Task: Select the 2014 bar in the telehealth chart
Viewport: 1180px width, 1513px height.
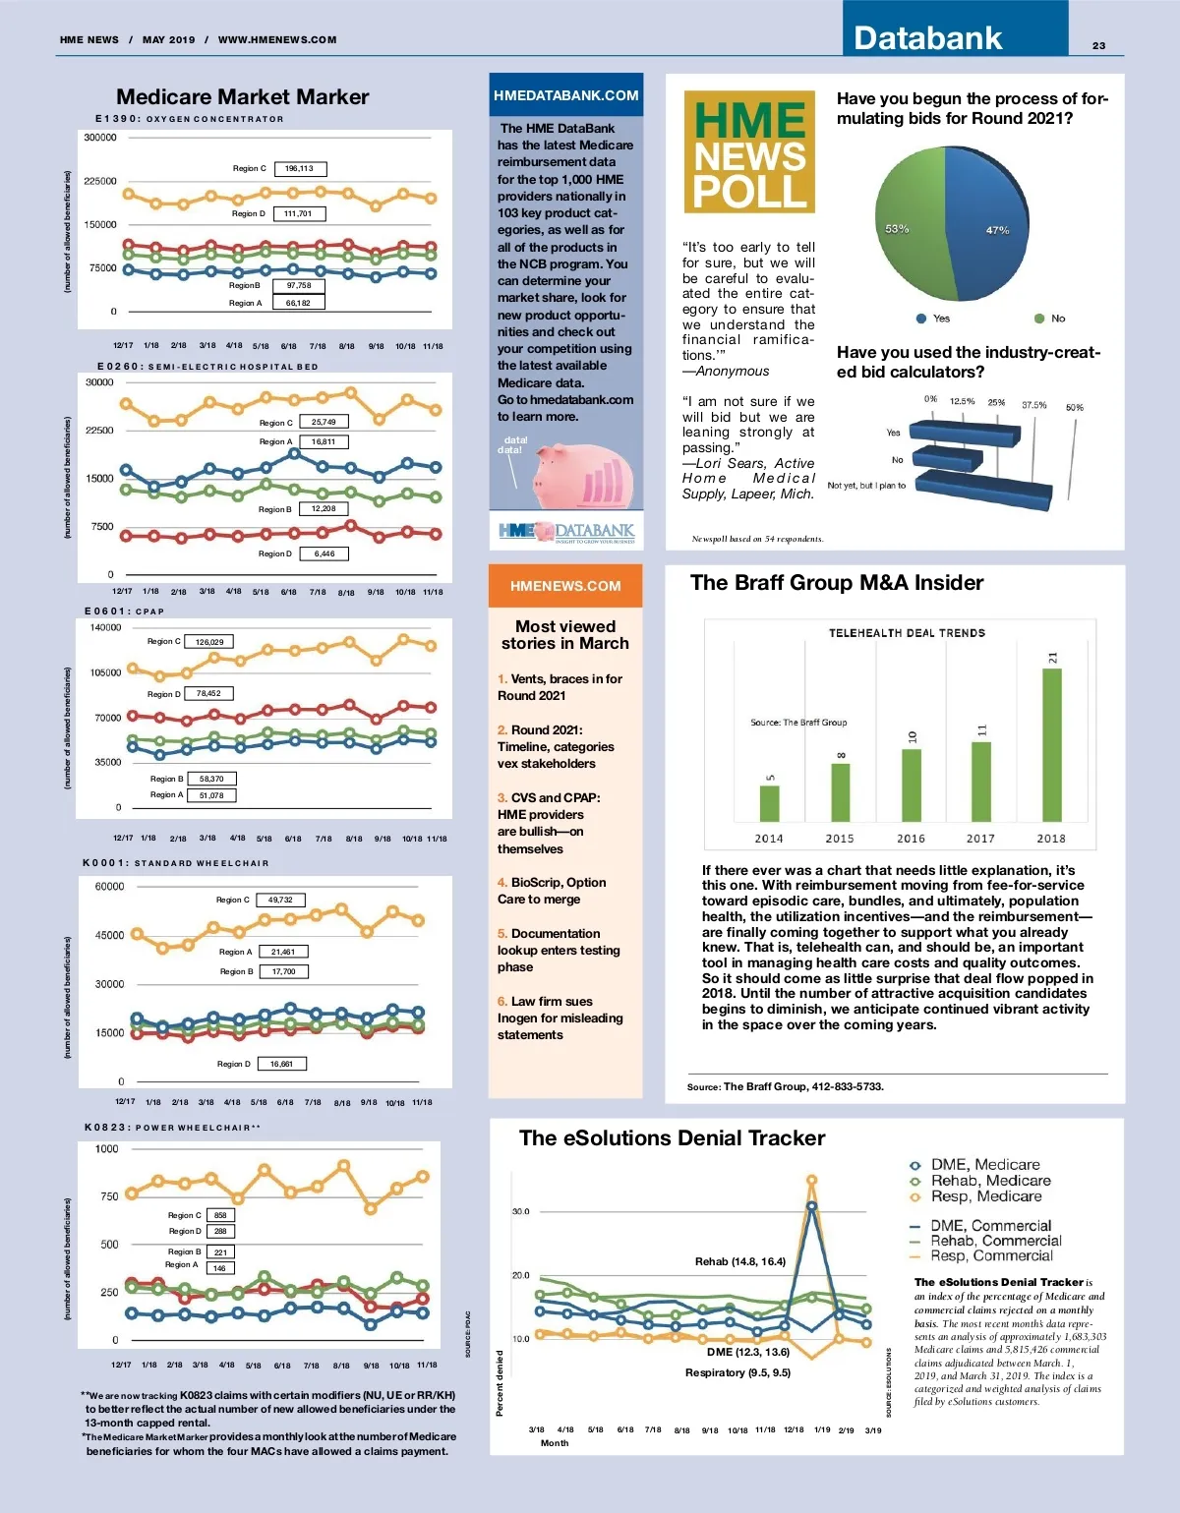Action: click(x=769, y=803)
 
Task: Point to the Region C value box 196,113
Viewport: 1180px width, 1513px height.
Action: click(x=300, y=169)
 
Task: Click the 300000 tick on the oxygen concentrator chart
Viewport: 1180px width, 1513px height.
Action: click(x=100, y=138)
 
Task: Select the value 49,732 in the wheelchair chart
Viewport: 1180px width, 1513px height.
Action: click(x=280, y=900)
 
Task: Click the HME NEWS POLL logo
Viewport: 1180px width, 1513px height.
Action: click(x=749, y=152)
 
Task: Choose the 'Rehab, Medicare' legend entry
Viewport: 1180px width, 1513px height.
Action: click(x=990, y=1181)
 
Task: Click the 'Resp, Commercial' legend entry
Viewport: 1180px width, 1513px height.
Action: click(x=991, y=1255)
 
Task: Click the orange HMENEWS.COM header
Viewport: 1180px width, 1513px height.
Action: click(x=565, y=586)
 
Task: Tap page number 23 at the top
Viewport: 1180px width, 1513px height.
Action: click(x=1098, y=46)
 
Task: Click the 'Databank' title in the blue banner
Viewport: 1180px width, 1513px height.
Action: click(x=927, y=38)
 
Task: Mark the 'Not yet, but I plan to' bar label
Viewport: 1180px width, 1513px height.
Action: click(x=866, y=486)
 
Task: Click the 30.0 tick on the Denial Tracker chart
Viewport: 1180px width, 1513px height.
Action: click(x=520, y=1211)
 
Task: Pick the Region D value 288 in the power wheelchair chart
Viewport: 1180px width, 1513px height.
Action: click(x=220, y=1231)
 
